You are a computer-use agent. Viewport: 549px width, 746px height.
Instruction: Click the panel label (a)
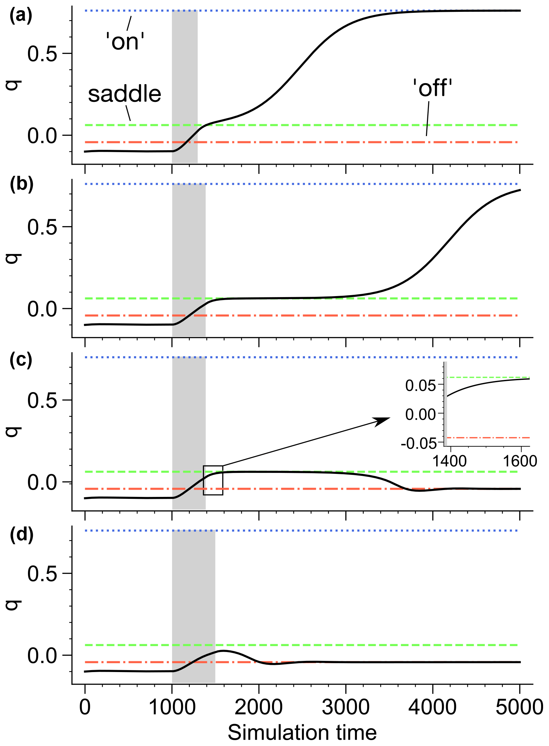click(21, 16)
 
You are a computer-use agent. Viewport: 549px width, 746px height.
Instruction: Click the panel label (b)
click(22, 185)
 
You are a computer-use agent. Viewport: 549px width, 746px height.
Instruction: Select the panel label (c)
click(21, 360)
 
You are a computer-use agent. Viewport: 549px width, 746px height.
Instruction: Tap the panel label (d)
click(22, 535)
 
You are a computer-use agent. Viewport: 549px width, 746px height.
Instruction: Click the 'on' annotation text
click(125, 42)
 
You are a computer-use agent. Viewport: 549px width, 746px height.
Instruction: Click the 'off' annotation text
click(432, 89)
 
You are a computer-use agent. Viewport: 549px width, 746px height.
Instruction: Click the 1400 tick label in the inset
click(450, 461)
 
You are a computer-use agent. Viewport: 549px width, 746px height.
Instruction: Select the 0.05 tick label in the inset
click(420, 386)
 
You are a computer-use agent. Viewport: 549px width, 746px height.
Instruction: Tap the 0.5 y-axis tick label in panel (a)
click(42, 54)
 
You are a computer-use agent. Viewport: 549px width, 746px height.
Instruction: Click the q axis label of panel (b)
click(14, 258)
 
